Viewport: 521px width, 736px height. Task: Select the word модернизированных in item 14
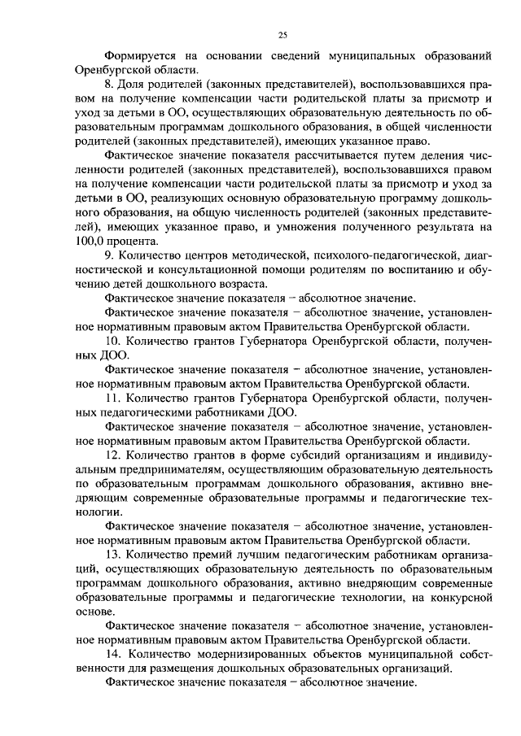(x=243, y=654)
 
